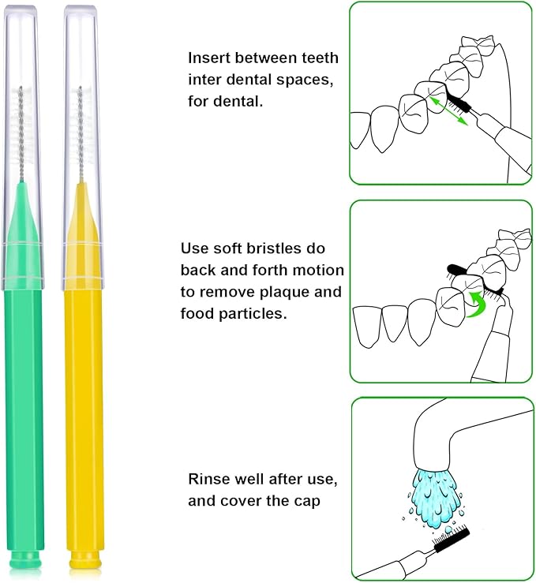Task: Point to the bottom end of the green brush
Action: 26,561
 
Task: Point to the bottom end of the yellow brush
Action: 84,561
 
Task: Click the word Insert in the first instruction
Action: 207,58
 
